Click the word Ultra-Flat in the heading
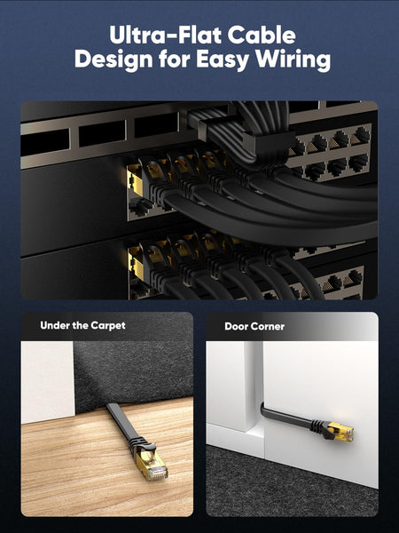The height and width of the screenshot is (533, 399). (x=166, y=35)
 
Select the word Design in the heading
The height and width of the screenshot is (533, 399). (x=113, y=60)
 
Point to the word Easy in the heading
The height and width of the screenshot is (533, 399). (x=223, y=60)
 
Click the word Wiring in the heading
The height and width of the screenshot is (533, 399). (x=293, y=60)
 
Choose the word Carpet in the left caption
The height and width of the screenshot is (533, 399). (x=108, y=326)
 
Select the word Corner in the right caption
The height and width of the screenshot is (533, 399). (x=269, y=327)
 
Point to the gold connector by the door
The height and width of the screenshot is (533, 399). (x=341, y=432)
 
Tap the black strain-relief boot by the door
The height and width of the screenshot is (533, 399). (x=320, y=427)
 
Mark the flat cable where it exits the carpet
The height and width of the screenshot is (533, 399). (x=112, y=408)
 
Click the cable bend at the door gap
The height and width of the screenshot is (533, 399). (x=263, y=408)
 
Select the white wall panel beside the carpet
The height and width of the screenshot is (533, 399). (x=48, y=382)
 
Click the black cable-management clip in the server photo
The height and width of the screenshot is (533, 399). (x=269, y=142)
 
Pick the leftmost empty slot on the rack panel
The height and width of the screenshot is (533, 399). (x=45, y=141)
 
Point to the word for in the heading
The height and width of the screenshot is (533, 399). (x=175, y=60)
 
